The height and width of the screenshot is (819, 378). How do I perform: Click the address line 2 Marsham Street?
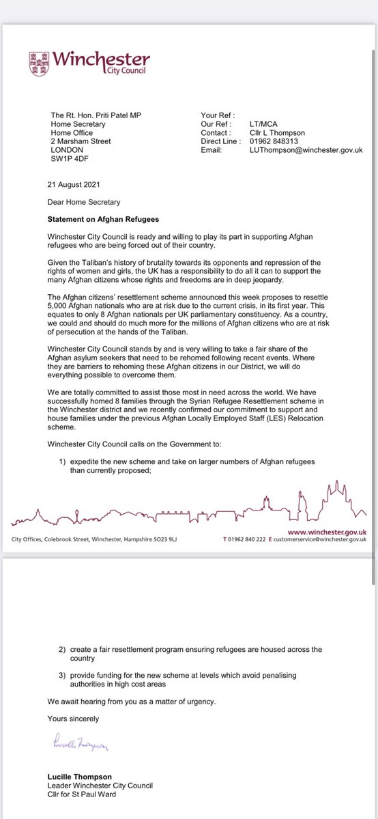81,141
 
